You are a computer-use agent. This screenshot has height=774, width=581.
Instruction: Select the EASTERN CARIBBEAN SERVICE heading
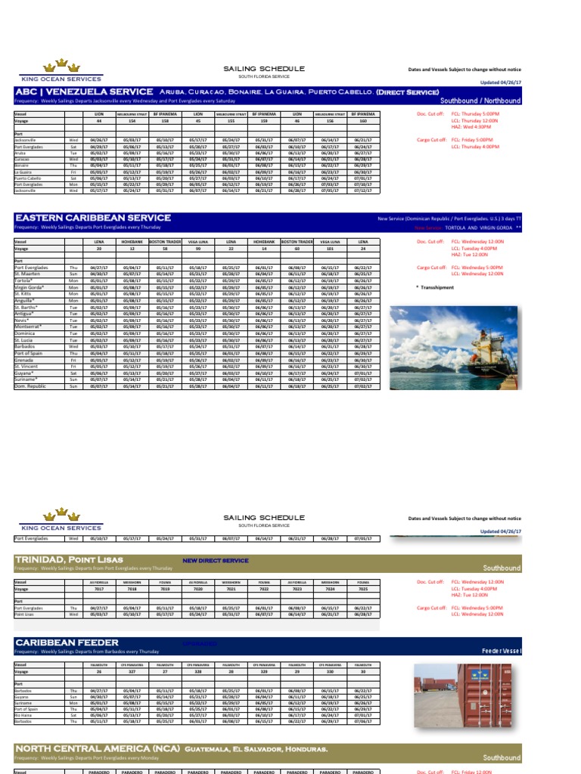pyautogui.click(x=92, y=218)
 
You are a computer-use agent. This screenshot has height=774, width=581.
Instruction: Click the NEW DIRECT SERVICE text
pyautogui.click(x=216, y=561)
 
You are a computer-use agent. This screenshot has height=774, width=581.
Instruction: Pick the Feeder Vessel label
pyautogui.click(x=502, y=651)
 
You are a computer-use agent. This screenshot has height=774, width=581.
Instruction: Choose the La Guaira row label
pyautogui.click(x=23, y=172)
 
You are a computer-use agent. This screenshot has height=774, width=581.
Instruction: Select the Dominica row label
pyautogui.click(x=26, y=333)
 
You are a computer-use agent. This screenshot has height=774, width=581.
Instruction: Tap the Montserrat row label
pyautogui.click(x=30, y=327)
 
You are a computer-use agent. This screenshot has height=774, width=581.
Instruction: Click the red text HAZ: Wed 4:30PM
pyautogui.click(x=469, y=127)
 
